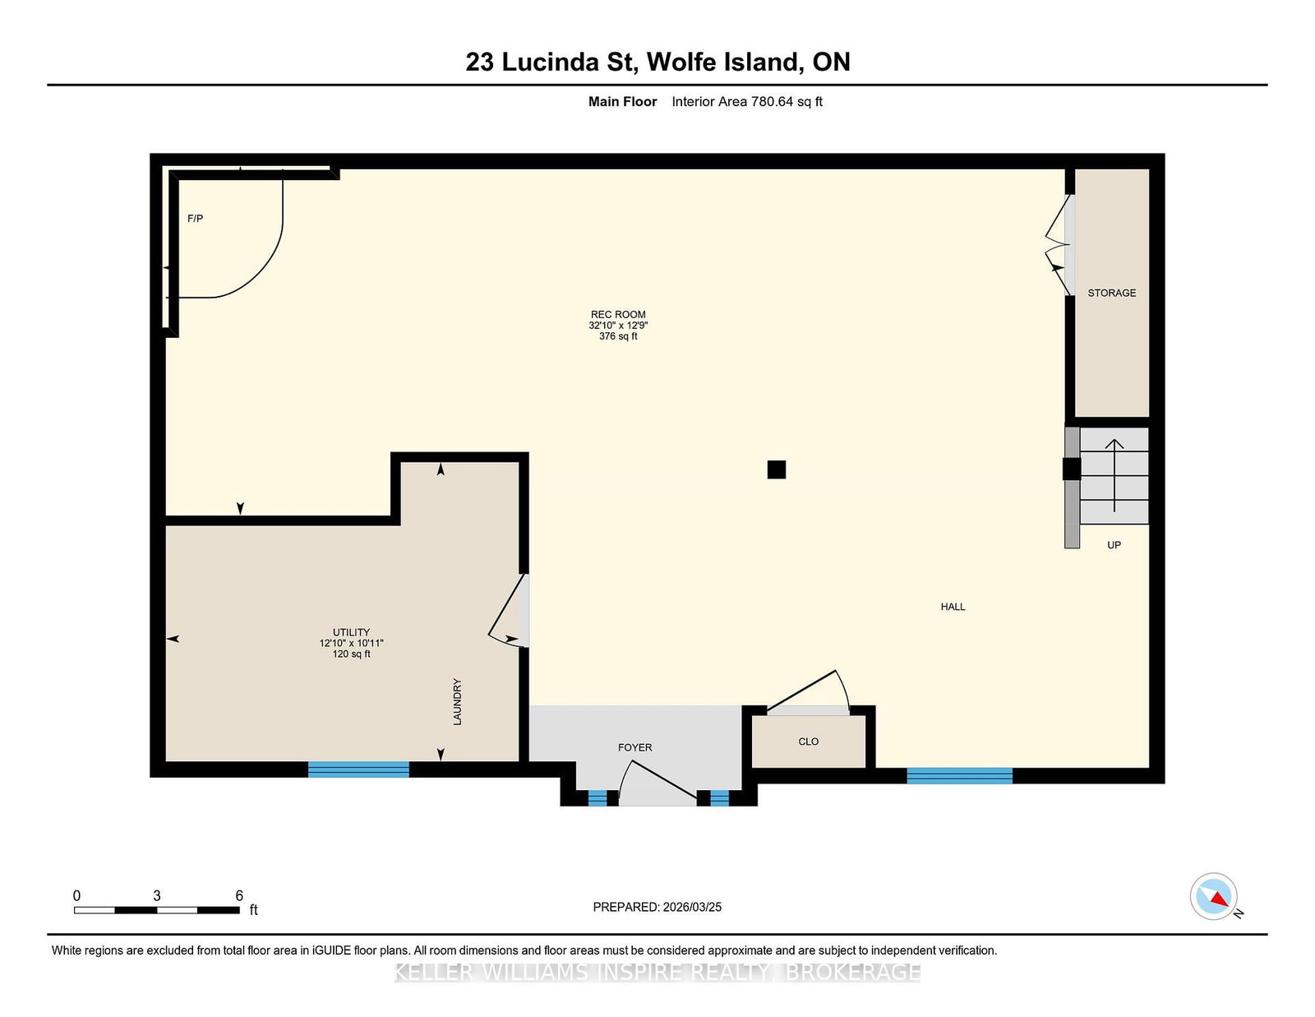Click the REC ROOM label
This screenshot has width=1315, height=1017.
[x=618, y=314]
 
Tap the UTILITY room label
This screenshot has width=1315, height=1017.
[x=351, y=632]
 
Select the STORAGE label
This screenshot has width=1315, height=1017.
[x=1112, y=293]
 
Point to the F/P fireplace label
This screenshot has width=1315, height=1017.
[x=195, y=219]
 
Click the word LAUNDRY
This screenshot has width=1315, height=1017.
[x=458, y=701]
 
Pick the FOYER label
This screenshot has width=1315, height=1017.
[x=634, y=747]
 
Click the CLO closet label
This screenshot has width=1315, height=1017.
[x=809, y=742]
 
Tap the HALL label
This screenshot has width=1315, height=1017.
[x=953, y=607]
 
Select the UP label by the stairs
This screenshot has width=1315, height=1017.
[x=1114, y=545]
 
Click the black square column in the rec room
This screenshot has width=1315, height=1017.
[x=777, y=469]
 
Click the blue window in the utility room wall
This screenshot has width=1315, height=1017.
[x=358, y=770]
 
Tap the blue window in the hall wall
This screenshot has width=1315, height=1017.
[x=959, y=775]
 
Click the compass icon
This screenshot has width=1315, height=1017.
[x=1213, y=897]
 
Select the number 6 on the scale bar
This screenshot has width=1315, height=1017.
[x=239, y=895]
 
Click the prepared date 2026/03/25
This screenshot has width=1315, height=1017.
[x=692, y=907]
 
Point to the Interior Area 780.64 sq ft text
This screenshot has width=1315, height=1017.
[x=747, y=102]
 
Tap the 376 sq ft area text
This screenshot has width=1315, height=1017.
[x=618, y=336]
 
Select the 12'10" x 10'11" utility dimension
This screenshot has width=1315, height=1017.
[x=352, y=643]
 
